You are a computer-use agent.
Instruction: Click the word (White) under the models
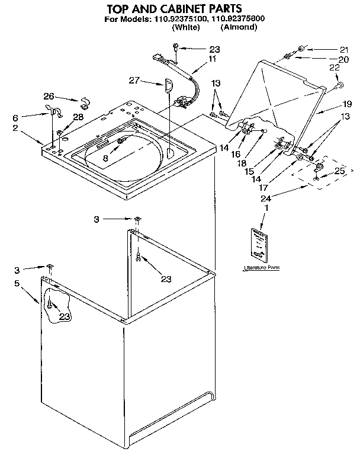point(186,27)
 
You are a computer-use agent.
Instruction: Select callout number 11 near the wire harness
point(212,59)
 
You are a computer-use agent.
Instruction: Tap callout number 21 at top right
point(345,49)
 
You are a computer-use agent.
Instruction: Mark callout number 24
point(267,200)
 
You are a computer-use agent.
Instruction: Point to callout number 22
point(335,68)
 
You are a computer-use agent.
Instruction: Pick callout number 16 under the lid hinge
point(236,153)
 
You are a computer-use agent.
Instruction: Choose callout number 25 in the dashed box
point(339,171)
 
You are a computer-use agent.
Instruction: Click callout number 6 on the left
point(16,118)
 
